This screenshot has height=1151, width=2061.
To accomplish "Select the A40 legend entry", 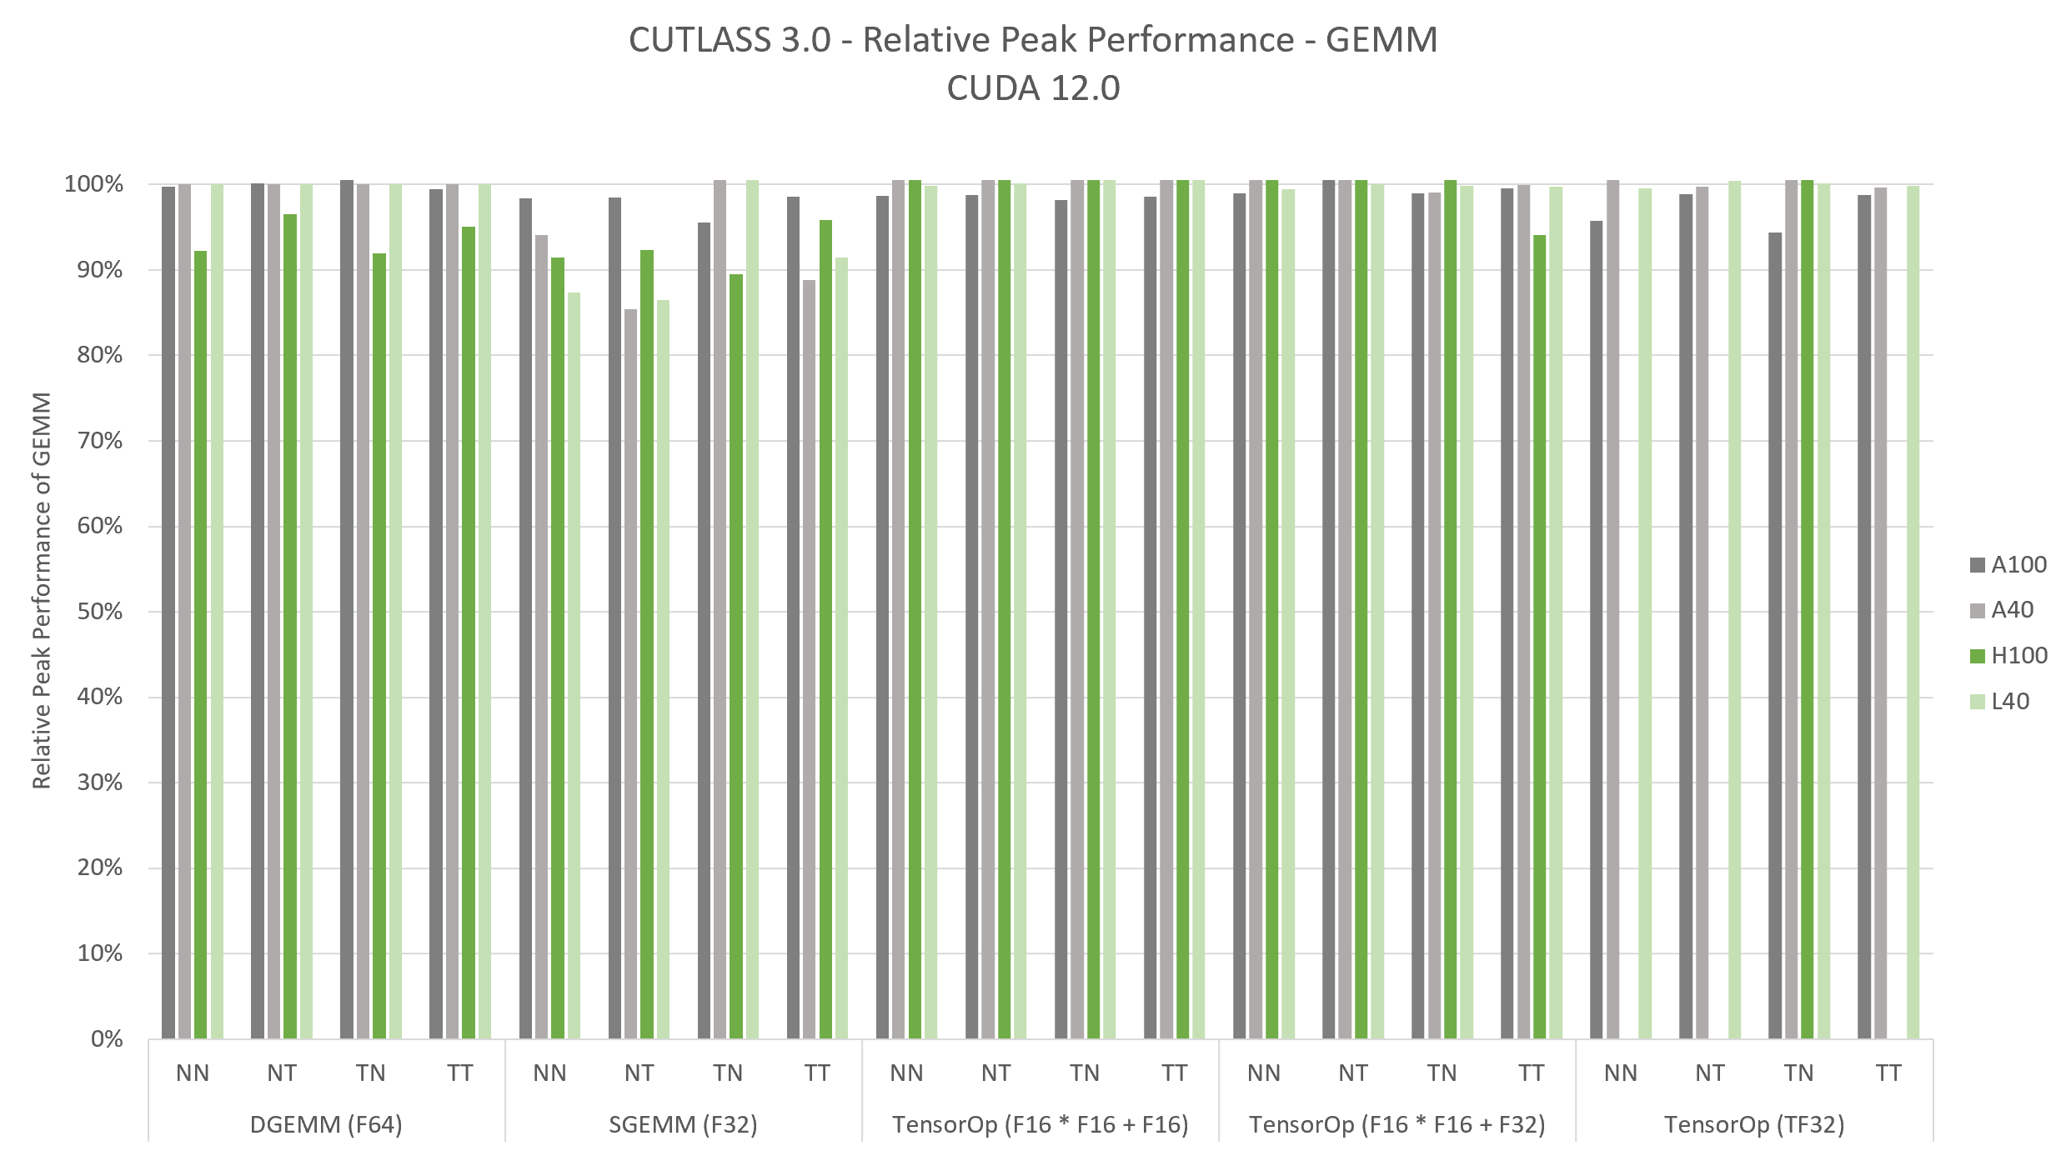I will tap(2010, 610).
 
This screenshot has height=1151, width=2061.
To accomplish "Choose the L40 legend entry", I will tap(2008, 702).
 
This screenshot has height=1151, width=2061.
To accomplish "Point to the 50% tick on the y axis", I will tap(100, 612).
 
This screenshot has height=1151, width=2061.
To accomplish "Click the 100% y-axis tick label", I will tap(93, 184).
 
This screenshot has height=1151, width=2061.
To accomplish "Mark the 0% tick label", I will tap(107, 1039).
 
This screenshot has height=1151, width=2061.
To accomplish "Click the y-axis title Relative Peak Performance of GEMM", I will tap(42, 590).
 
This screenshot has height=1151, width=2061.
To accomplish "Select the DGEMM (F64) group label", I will tap(326, 1125).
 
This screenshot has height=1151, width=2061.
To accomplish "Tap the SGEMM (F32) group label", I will tap(683, 1125).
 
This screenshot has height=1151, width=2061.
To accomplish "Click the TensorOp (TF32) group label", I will tap(1754, 1125).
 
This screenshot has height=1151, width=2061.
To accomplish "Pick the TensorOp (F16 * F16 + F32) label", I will tap(1397, 1125).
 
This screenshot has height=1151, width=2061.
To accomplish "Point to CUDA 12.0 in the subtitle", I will tap(1033, 88).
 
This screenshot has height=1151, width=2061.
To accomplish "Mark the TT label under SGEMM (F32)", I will tap(817, 1073).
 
